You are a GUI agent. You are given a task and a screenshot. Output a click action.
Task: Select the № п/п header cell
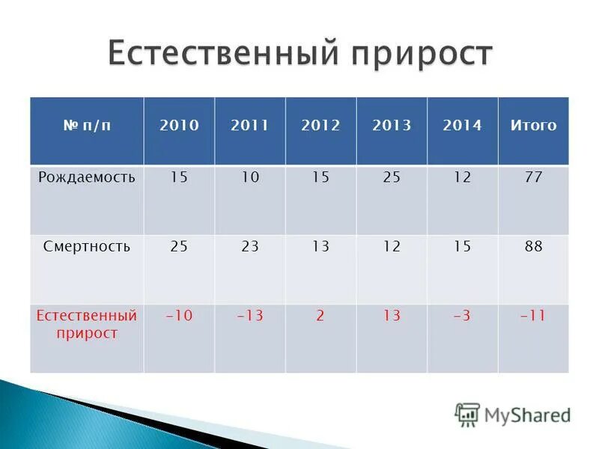[x=87, y=126]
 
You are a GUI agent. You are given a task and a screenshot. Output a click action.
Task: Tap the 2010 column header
[x=179, y=126]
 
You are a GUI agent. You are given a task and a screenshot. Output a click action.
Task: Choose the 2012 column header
[x=320, y=126]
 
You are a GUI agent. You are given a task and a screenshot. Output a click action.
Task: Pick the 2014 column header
[x=462, y=126]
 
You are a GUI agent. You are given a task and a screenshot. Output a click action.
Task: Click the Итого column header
[x=533, y=126]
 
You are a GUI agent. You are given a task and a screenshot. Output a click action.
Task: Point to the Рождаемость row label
[x=87, y=177]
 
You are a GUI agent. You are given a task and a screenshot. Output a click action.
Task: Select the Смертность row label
[x=87, y=246]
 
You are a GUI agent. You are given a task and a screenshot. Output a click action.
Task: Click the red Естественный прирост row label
[x=87, y=324]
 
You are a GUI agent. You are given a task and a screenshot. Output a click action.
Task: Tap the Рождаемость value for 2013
[x=392, y=177]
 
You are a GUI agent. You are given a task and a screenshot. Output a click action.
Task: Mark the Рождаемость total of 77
[x=533, y=177]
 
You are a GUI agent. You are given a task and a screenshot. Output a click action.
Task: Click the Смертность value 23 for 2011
[x=250, y=246]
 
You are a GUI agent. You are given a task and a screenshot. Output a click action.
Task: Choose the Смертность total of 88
[x=533, y=246]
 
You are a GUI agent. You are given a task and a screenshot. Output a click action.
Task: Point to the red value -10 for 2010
[x=179, y=316]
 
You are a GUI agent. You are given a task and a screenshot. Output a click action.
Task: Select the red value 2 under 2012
[x=320, y=316]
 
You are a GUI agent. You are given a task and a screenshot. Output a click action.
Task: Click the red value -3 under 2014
[x=462, y=316]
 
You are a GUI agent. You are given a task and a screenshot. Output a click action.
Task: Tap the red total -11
[x=533, y=316]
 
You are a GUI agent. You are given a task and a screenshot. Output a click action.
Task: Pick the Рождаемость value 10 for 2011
[x=250, y=177]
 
